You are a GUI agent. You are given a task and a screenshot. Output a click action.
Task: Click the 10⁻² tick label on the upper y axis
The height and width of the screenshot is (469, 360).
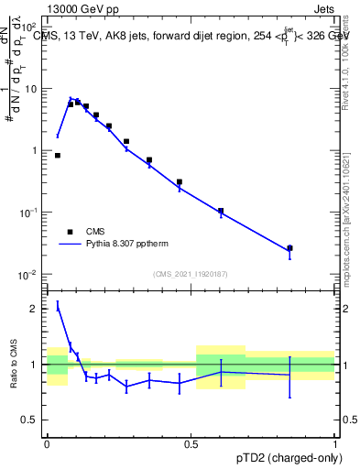(29, 275)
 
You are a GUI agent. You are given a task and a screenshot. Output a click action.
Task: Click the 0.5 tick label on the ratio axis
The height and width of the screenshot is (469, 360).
(33, 420)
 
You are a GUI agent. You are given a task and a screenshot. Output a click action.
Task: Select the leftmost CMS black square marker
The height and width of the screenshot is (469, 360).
(58, 156)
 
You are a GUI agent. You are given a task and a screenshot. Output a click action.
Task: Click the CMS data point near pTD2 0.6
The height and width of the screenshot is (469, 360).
(221, 211)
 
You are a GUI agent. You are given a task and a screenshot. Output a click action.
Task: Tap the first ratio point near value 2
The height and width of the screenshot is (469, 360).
(58, 307)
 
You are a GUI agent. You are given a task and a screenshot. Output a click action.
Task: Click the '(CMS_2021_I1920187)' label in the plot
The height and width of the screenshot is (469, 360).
(190, 274)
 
